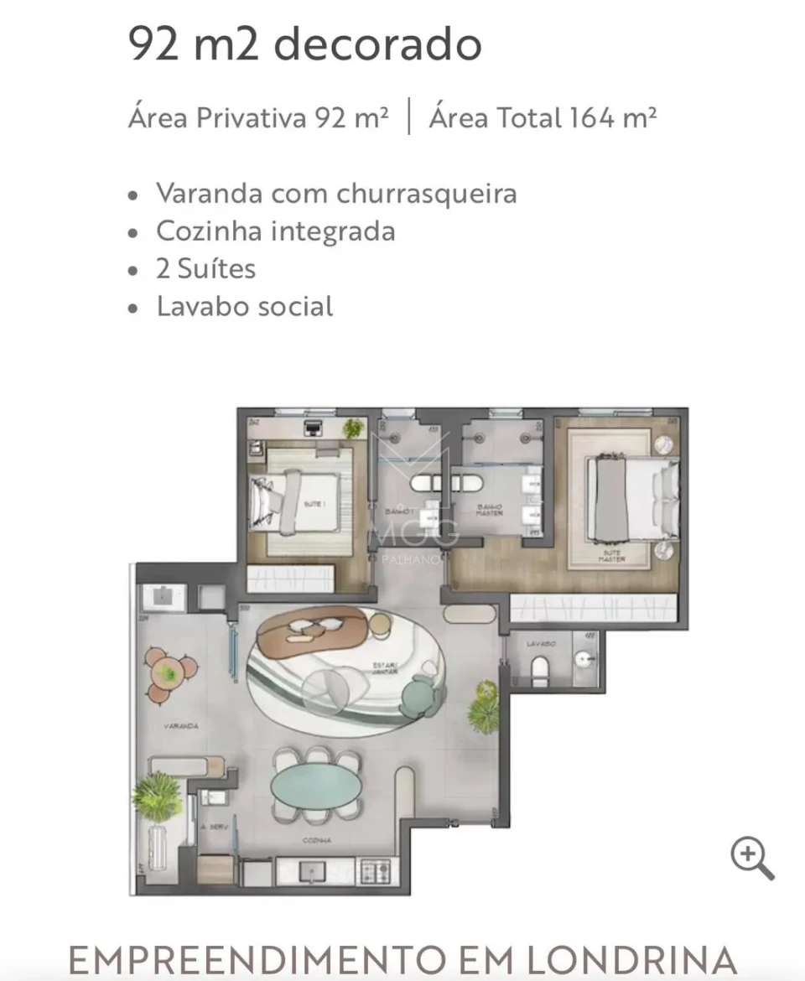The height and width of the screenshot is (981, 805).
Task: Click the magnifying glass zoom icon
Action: [751, 859]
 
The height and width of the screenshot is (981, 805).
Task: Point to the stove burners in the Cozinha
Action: [372, 871]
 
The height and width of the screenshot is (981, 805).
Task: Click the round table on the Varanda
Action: [169, 672]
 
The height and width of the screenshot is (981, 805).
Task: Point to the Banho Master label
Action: [489, 509]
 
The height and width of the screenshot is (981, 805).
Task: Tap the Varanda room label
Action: [180, 726]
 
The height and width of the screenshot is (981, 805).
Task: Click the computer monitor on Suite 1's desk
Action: [314, 428]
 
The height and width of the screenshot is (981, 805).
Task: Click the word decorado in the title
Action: [378, 44]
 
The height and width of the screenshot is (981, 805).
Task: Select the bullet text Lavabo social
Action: [244, 306]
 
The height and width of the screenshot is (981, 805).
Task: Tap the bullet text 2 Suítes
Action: [205, 268]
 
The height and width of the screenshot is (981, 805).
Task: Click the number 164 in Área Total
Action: [592, 118]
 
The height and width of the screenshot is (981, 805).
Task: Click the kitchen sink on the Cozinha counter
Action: [311, 870]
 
